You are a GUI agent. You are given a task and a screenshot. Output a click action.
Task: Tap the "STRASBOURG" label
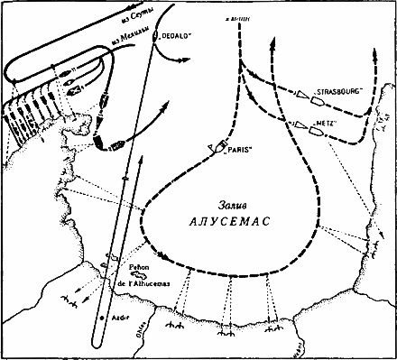tap(339, 90)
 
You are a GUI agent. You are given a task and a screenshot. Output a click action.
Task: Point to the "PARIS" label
tap(236, 154)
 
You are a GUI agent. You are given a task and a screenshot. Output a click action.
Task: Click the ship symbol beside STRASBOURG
tap(300, 92)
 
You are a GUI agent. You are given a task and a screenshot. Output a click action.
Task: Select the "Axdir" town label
tap(118, 318)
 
